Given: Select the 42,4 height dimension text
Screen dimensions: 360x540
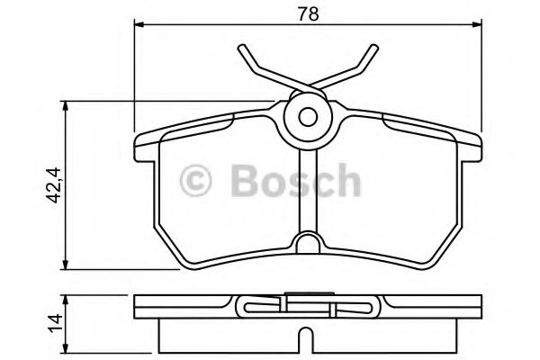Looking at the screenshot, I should pyautogui.click(x=54, y=184).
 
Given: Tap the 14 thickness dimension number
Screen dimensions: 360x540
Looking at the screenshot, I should pyautogui.click(x=54, y=319).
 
